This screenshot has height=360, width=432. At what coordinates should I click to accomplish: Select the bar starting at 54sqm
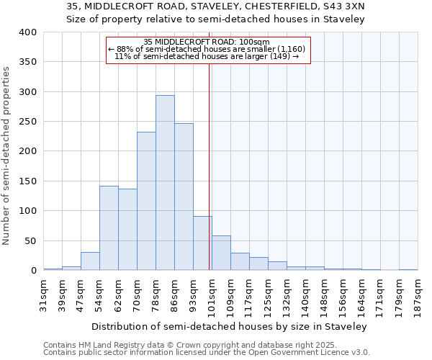click(x=109, y=228)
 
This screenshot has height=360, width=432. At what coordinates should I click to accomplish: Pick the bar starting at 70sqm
click(x=146, y=201)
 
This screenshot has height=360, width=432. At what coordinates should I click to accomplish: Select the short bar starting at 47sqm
click(x=90, y=261)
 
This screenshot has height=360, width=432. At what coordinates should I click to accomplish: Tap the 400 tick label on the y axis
click(x=28, y=32)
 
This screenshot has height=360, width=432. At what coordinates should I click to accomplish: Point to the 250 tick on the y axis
click(x=28, y=122)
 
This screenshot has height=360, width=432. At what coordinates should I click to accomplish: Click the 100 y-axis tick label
click(x=28, y=211)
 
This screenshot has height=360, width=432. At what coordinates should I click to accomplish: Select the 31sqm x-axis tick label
click(x=43, y=294)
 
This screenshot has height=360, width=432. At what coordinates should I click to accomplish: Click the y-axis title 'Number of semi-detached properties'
click(x=6, y=156)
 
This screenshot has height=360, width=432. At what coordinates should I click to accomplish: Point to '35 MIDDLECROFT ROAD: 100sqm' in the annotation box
click(x=207, y=42)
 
